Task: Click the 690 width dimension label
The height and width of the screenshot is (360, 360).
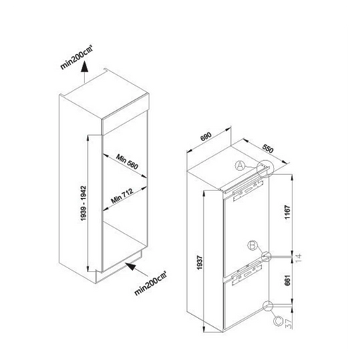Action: [206, 136]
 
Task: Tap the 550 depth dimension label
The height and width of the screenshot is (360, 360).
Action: [268, 149]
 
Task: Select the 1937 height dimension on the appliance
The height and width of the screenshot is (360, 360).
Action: [200, 263]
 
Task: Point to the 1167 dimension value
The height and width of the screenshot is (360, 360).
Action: [288, 212]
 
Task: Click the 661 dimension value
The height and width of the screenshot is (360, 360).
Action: [288, 280]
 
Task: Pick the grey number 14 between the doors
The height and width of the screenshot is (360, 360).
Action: [299, 258]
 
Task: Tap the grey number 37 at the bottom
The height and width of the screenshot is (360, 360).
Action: [289, 324]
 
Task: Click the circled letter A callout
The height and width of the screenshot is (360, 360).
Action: [240, 165]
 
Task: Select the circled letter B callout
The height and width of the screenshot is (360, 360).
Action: [253, 245]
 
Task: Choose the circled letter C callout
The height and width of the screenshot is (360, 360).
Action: [278, 322]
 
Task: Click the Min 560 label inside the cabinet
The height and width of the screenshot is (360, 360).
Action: [127, 161]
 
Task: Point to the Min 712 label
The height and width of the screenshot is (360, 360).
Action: [122, 196]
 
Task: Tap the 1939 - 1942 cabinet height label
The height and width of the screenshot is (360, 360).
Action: [83, 203]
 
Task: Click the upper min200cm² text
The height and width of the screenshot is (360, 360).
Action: [76, 57]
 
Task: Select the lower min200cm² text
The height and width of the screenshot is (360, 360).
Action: [151, 283]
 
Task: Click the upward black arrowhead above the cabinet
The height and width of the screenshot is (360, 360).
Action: [84, 67]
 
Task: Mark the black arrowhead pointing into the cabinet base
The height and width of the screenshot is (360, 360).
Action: [130, 266]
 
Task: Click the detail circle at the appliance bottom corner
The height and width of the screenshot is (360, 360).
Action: [267, 306]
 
